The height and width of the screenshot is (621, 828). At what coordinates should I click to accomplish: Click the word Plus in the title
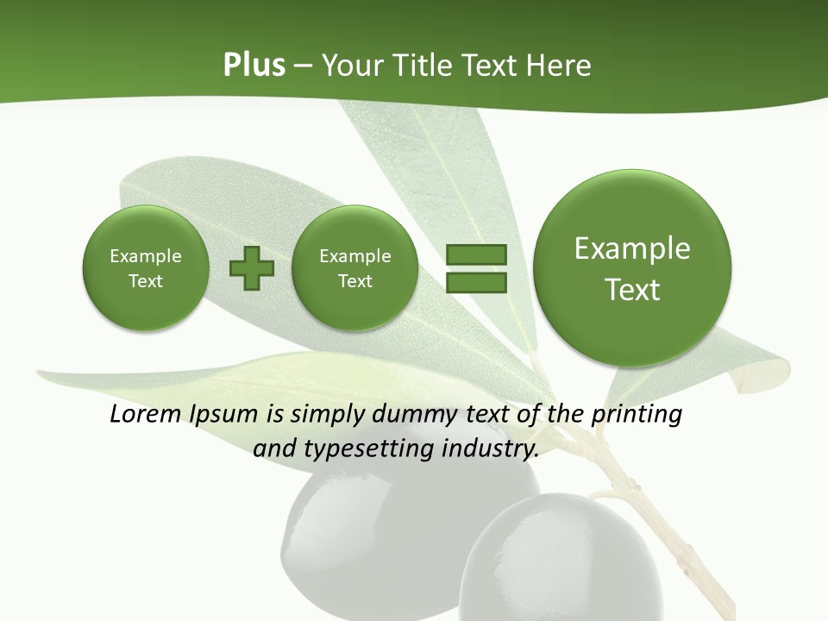tap(254, 66)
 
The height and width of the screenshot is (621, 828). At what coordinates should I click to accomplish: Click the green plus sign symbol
tap(252, 268)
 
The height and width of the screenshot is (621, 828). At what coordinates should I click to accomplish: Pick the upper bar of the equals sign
tap(476, 254)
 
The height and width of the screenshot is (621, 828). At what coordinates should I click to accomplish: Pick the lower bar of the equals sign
tap(476, 282)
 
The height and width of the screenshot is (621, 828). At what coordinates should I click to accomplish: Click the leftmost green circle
tap(145, 268)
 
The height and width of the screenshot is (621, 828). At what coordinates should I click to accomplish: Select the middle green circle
tap(354, 268)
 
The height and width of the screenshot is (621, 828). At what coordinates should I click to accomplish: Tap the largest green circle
tap(632, 268)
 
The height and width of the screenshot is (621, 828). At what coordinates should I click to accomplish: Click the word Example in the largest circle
tap(632, 248)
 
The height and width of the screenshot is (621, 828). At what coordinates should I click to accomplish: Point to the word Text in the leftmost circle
tap(145, 281)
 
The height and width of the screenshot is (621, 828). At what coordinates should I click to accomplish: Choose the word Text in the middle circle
tap(354, 281)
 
